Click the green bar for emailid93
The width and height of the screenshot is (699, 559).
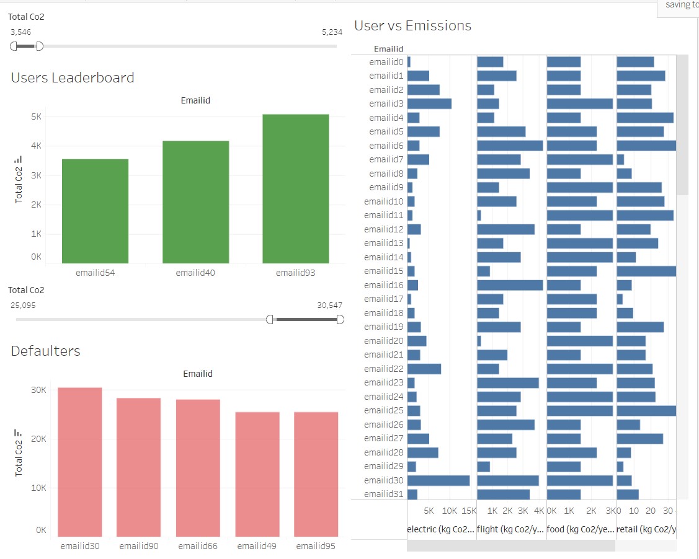coord(295,189)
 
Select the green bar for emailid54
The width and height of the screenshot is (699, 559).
coord(95,211)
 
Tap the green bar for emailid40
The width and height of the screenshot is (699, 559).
coord(195,202)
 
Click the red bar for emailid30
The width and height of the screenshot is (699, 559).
coord(80,462)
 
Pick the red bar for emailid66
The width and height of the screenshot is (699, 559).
coord(198,467)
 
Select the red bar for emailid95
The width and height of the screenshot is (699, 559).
coord(316,474)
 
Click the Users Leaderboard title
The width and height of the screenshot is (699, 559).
coord(73,77)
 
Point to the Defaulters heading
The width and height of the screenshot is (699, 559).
coord(46,351)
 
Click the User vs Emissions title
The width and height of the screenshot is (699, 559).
coord(412,25)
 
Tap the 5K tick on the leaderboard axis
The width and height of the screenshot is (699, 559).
coord(37,117)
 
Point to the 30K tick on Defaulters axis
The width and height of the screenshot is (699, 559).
coord(39,390)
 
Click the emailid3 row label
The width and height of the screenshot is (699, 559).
coord(386,103)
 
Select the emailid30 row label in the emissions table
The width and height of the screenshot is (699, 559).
coord(383,480)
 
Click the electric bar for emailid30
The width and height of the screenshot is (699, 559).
coord(438,480)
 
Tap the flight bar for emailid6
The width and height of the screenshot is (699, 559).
coord(510,145)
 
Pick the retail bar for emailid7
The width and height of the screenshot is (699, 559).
coord(620,159)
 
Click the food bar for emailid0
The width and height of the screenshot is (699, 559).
coord(564,62)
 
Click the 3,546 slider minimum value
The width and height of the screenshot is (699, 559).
coord(20,32)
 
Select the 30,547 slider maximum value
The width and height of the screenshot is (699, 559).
coord(329,305)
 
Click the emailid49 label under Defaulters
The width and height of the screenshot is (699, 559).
coord(257,546)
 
